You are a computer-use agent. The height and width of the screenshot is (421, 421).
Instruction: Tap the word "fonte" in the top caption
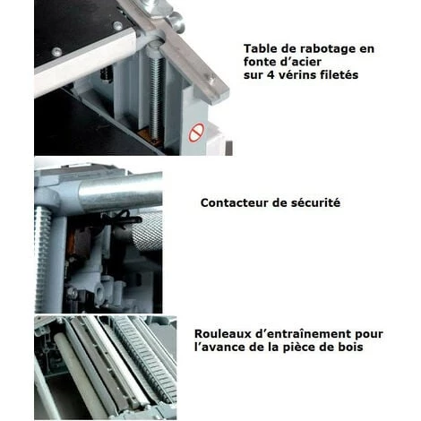258,62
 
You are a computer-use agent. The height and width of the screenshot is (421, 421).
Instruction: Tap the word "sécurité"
316,202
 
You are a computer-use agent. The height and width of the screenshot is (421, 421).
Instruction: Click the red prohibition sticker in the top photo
196,133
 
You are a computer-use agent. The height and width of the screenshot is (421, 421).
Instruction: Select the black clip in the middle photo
123,218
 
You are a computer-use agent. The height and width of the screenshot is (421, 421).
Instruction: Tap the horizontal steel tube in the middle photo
121,193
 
